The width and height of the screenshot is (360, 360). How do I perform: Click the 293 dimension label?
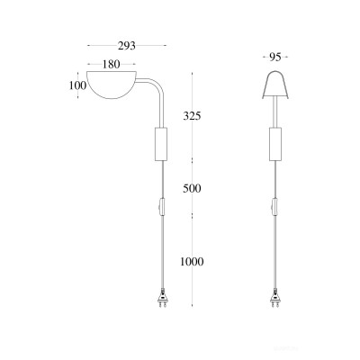[x=126, y=46]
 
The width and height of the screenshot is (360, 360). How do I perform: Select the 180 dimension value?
[x=111, y=64]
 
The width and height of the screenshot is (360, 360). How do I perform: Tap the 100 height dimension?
[x=77, y=85]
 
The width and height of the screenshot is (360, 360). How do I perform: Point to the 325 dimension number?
[x=192, y=116]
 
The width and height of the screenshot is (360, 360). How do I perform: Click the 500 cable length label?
[x=192, y=189]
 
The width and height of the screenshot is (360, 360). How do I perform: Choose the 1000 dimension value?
[x=192, y=262]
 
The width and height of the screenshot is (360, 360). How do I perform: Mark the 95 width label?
[x=275, y=57]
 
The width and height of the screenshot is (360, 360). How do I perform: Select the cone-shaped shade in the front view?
[x=275, y=85]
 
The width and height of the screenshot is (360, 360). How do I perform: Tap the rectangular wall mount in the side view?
[x=161, y=144]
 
